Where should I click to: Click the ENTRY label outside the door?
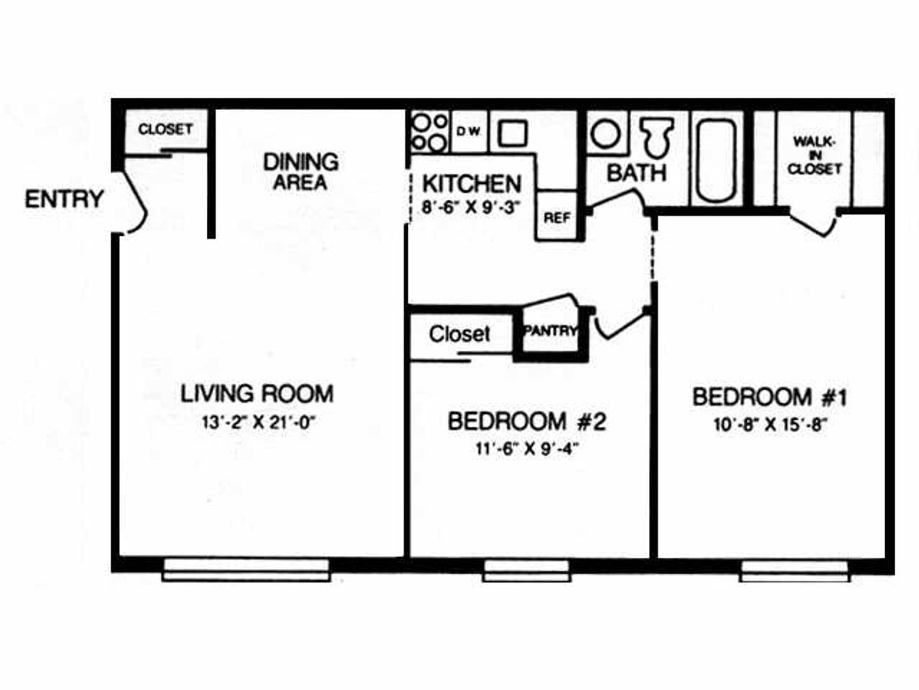(x=64, y=199)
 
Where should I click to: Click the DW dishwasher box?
(x=469, y=132)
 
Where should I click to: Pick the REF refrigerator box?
(x=557, y=217)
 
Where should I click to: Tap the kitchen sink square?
(x=512, y=133)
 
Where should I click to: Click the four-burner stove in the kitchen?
(x=429, y=132)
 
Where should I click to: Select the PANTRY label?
(x=550, y=331)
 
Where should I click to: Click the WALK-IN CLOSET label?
(x=814, y=155)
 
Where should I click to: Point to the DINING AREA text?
(x=301, y=171)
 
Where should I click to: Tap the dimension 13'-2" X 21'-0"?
(x=259, y=422)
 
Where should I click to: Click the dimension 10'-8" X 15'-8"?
(x=770, y=425)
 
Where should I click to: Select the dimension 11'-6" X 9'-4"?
(x=527, y=448)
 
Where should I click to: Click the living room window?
(x=246, y=569)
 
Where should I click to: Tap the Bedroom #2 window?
(x=527, y=570)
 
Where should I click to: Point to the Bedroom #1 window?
(x=795, y=570)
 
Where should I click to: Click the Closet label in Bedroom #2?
(x=459, y=333)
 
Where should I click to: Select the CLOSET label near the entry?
(x=165, y=129)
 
